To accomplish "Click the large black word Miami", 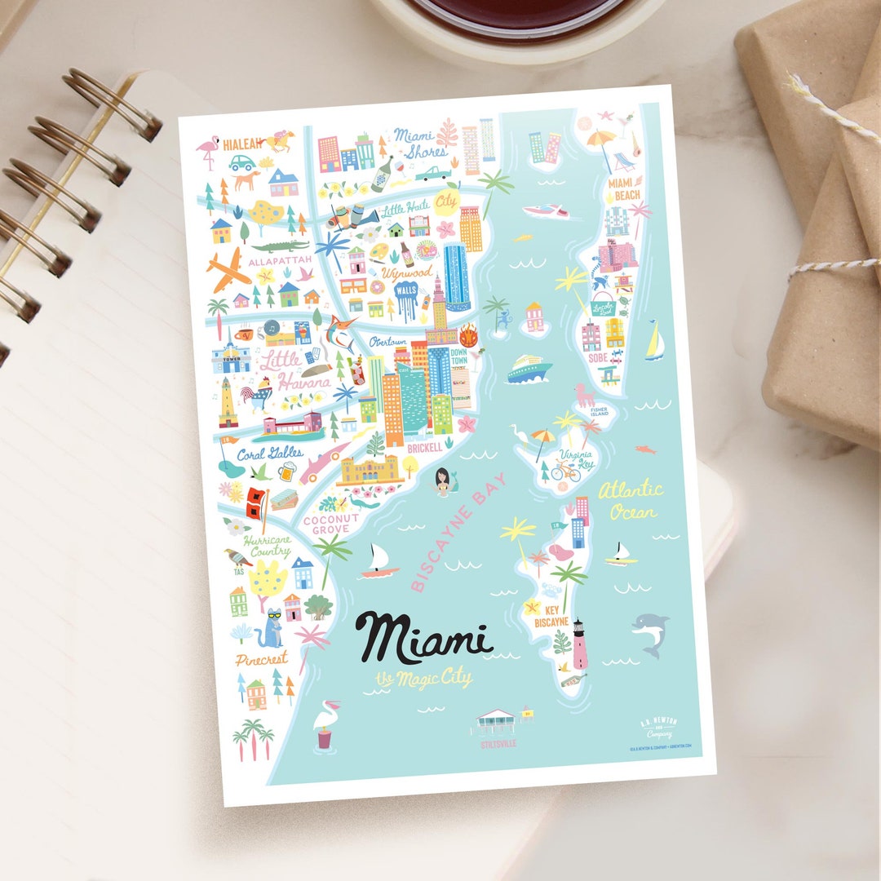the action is click(x=423, y=636).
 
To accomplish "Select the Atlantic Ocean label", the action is click(x=631, y=500).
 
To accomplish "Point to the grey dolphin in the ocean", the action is click(x=652, y=633).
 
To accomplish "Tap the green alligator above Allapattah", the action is click(x=280, y=245).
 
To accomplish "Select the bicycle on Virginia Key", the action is click(x=565, y=471).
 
